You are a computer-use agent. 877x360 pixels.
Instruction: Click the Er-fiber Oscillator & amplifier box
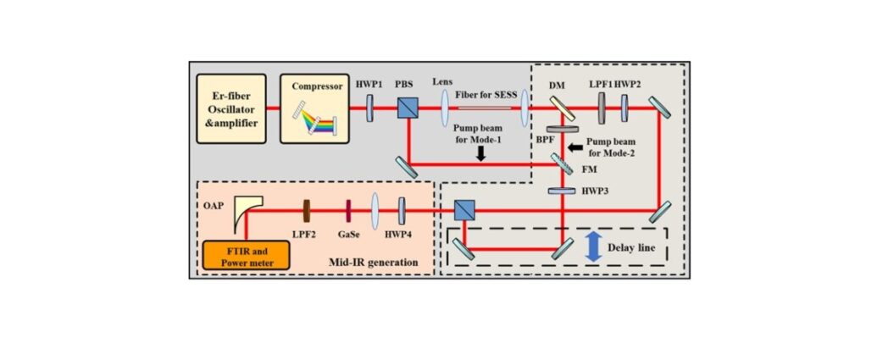coord(231,108)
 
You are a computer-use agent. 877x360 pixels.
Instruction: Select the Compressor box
coord(314,108)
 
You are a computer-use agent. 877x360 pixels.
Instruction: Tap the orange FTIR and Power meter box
coord(246,255)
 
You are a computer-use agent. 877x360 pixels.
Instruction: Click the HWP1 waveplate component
coord(369,108)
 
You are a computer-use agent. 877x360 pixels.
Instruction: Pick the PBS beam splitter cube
coord(408,108)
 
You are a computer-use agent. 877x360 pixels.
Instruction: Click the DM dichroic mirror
coord(562,108)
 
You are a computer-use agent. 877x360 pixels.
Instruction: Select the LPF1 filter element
coord(602,108)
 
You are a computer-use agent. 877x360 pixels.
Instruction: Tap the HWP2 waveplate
coord(624,108)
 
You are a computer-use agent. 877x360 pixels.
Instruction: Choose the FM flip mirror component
coord(562,163)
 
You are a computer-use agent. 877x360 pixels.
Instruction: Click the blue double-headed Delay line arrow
coord(593,247)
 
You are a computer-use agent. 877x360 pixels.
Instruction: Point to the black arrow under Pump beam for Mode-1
coord(480,156)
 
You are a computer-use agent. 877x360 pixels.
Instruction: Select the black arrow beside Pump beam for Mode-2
coord(574,148)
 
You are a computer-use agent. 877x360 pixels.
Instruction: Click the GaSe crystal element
coord(348,211)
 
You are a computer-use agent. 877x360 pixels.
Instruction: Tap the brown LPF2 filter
coord(307,211)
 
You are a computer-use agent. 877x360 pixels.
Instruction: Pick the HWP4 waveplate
coord(402,211)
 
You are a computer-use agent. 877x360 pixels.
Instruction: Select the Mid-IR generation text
coord(375,262)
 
